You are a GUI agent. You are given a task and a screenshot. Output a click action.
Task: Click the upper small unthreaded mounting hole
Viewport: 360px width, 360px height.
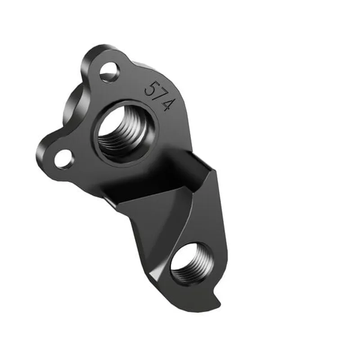click(109, 72)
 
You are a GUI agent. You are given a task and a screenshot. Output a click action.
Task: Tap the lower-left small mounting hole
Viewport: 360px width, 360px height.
click(64, 158)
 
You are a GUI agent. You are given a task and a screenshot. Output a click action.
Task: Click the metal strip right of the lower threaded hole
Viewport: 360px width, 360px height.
click(218, 256)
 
